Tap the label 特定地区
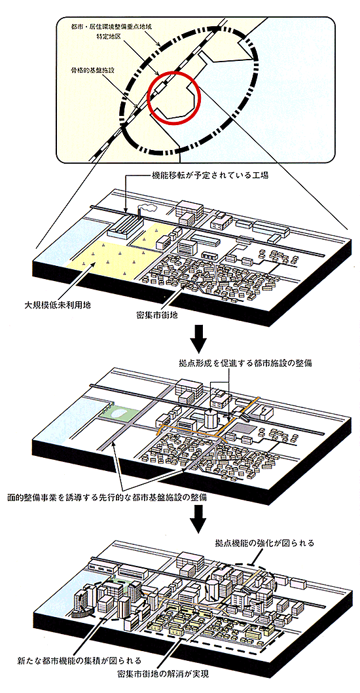point(109,37)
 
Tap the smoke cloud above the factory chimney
point(147,207)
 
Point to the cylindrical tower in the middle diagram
point(211,419)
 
